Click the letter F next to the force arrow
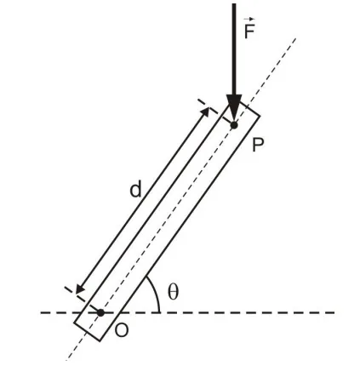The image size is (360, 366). pos(249,31)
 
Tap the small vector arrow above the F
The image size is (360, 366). pos(249,19)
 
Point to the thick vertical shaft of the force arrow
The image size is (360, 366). pos(234,49)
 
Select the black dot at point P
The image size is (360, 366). pos(234,125)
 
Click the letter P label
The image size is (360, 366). pos(258,145)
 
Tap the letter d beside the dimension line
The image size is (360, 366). pos(135,190)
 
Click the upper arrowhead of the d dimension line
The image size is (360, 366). pos(205,112)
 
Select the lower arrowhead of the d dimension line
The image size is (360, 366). pos(80,289)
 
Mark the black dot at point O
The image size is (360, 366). pos(100,312)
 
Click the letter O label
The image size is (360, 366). pos(122,330)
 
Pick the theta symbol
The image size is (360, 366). pos(173,292)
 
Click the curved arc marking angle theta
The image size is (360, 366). pos(156,292)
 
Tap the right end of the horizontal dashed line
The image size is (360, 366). pos(334,312)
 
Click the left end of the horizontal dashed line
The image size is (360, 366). pos(41,312)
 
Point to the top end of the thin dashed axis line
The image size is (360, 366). pos(296,38)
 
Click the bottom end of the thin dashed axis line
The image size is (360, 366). pos(66,360)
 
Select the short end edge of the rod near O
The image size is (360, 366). pos(87,331)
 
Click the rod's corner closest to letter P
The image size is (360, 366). pos(260,116)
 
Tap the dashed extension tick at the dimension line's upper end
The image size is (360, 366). pos(208,106)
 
